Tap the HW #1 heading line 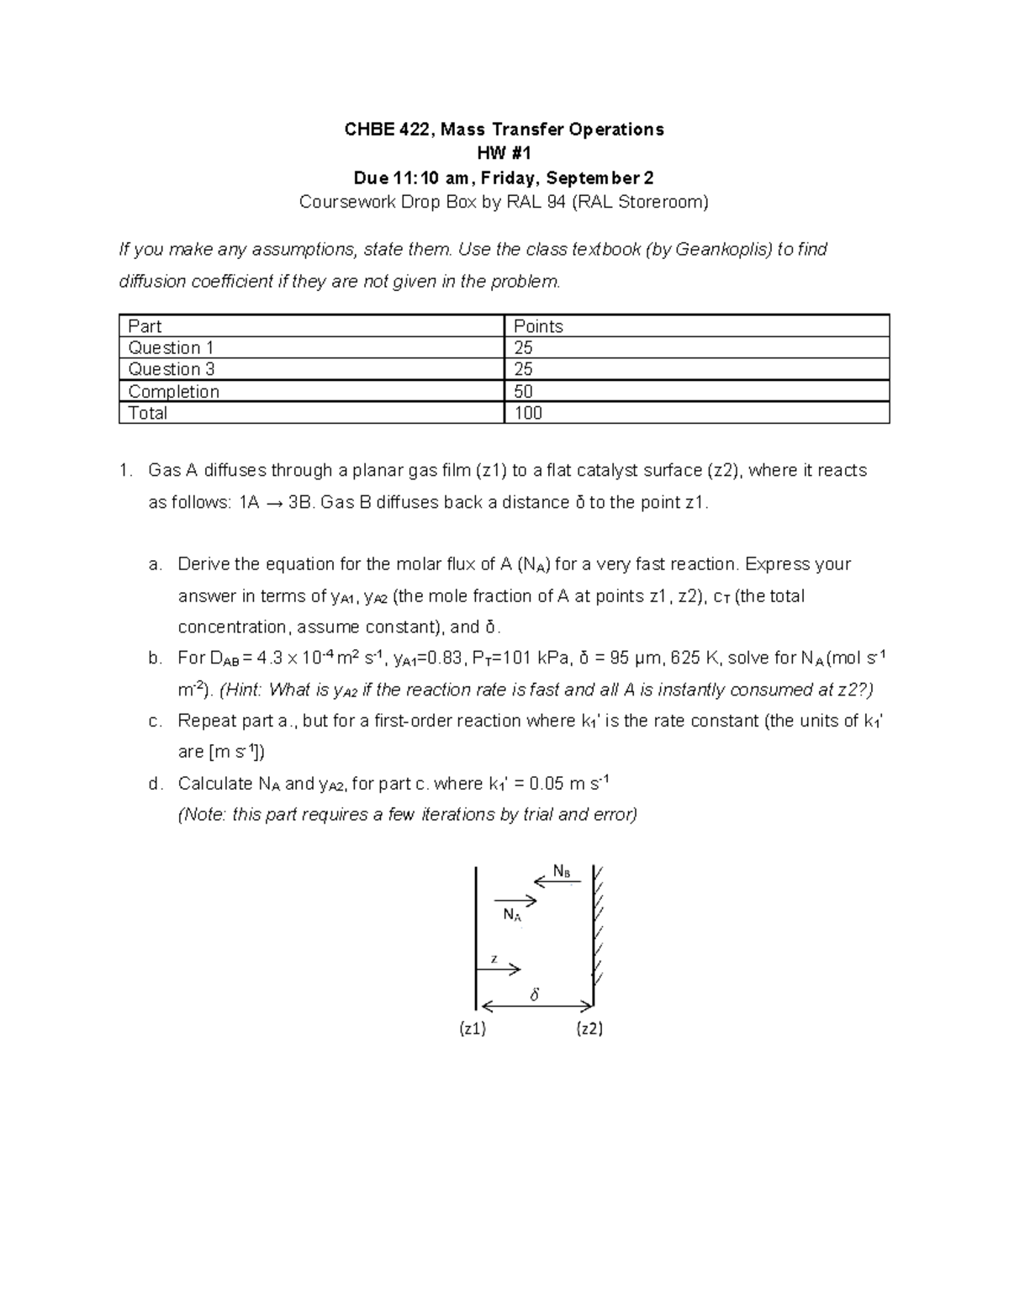pos(504,154)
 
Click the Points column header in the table pos(538,326)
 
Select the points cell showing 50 pos(523,391)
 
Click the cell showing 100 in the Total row pos(528,413)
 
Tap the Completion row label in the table pos(173,391)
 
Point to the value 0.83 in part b pos(445,658)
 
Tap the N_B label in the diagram pos(562,871)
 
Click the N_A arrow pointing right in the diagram pos(515,901)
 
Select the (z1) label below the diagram pos(473,1028)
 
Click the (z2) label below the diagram pos(589,1028)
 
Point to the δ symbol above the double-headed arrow pos(534,995)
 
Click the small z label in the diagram pos(494,959)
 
